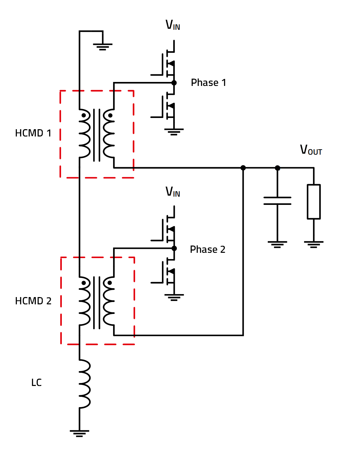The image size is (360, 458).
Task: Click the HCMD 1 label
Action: click(33, 133)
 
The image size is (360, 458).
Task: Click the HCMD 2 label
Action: click(33, 301)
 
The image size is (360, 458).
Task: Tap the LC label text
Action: click(36, 383)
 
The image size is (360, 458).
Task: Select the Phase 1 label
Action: click(208, 83)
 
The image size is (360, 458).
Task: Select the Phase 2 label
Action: click(207, 249)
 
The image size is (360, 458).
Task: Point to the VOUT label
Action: click(310, 150)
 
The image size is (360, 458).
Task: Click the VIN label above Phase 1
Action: click(173, 25)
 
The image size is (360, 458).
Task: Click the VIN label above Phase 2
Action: click(173, 192)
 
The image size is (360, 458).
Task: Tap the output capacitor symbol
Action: click(277, 201)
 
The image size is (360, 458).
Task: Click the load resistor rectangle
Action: click(313, 202)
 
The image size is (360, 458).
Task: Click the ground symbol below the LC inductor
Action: click(79, 433)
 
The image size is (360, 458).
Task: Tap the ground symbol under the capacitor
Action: click(277, 244)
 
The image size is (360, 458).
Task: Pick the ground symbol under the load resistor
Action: click(313, 244)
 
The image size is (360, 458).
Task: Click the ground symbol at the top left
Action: click(103, 46)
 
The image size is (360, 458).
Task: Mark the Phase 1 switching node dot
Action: click(174, 83)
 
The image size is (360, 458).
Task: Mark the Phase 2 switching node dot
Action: click(174, 248)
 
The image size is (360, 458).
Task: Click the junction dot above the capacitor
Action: click(277, 168)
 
